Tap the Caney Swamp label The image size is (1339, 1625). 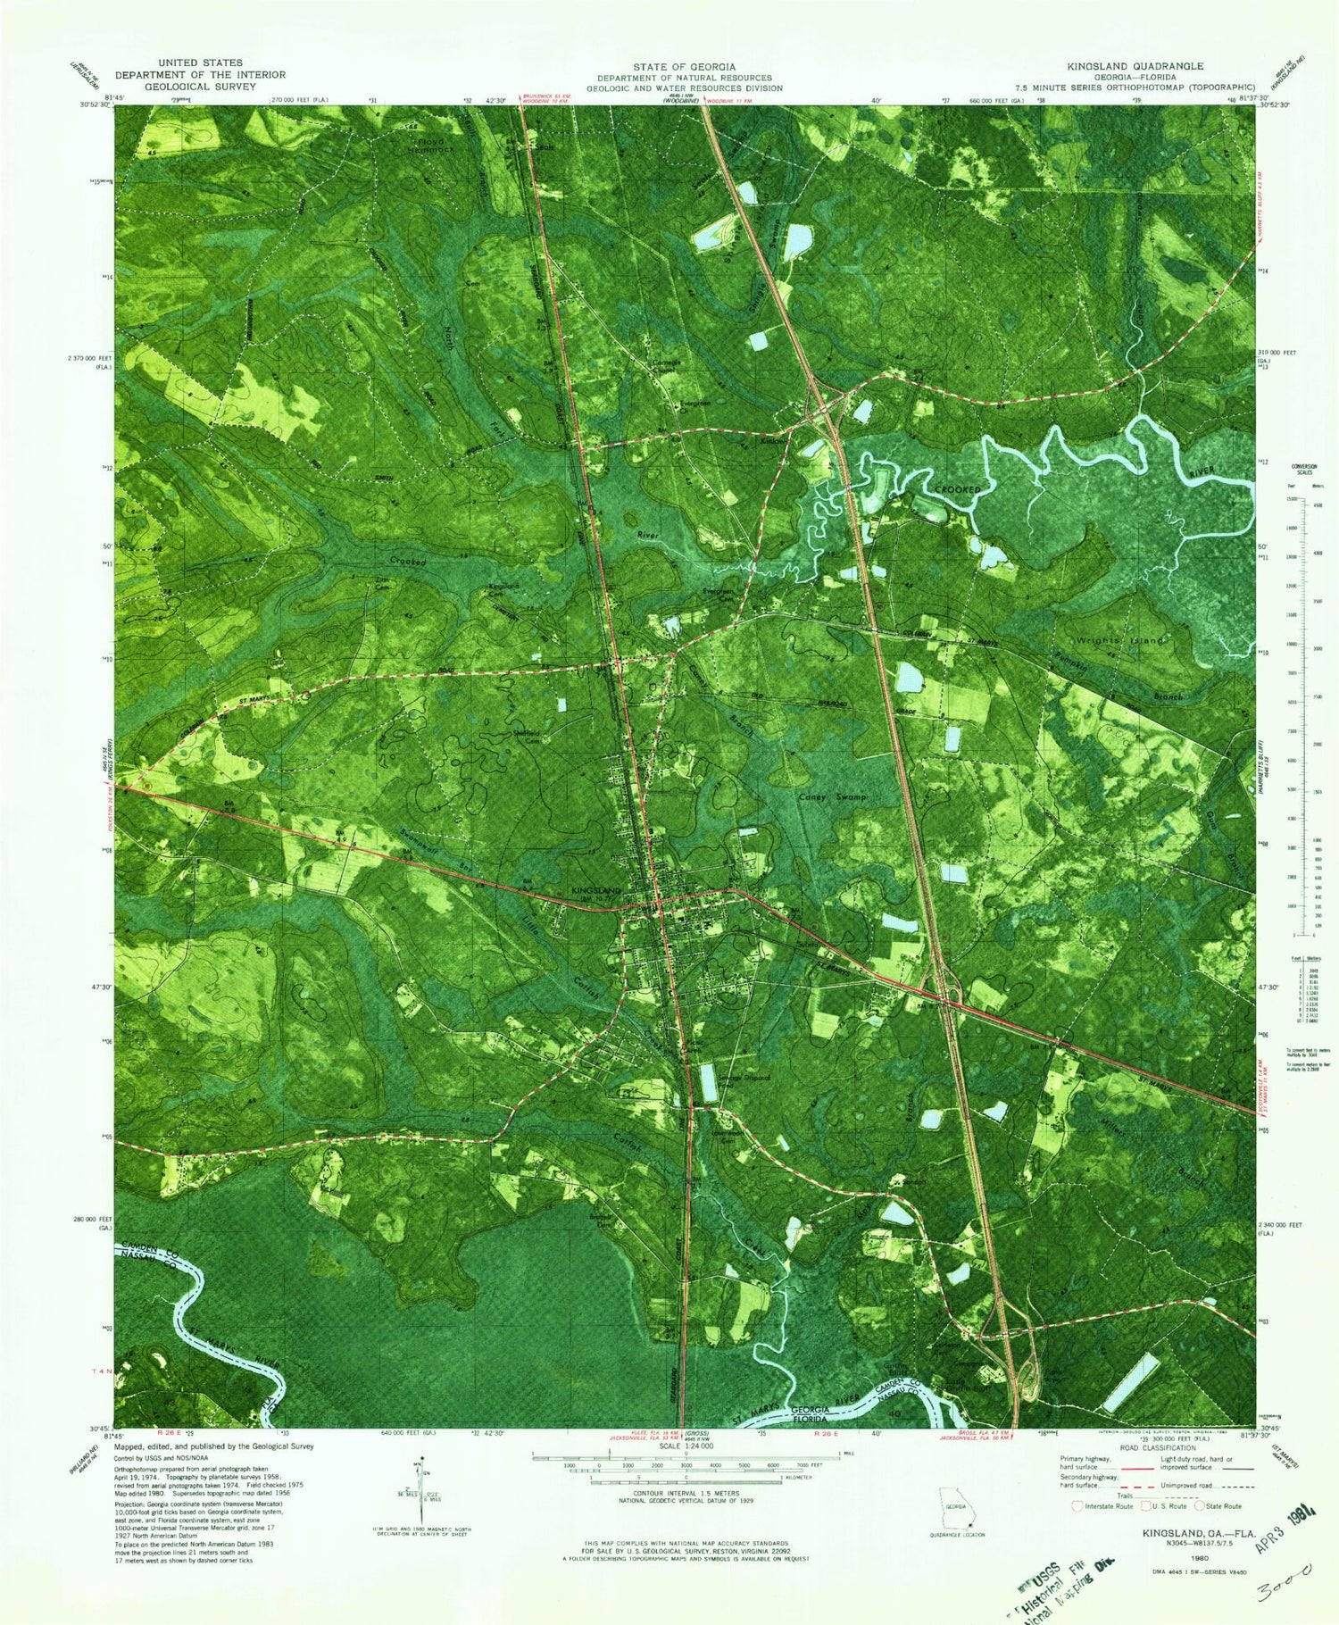tap(831, 796)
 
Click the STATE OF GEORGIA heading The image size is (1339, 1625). tap(685, 67)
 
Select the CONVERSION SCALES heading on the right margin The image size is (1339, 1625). tap(1305, 471)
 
